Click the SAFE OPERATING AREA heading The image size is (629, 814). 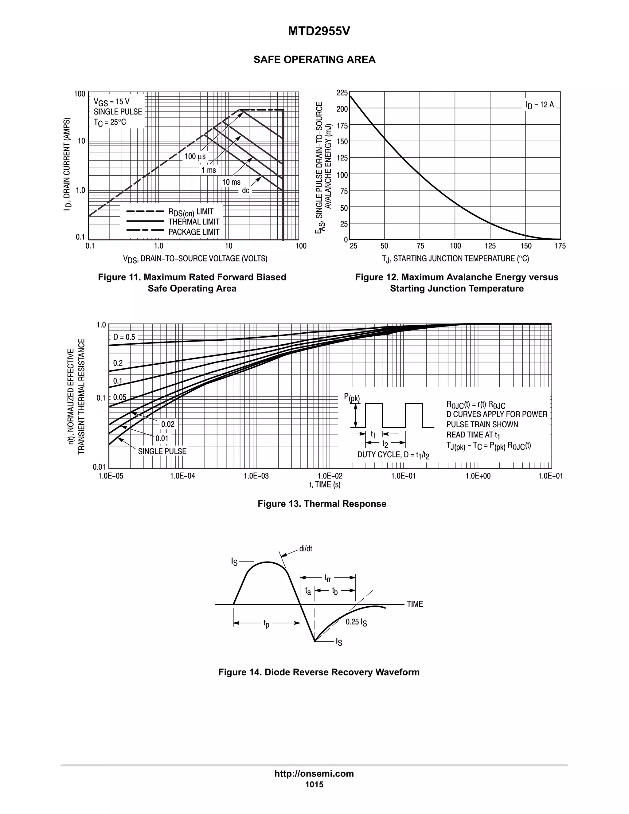click(x=314, y=60)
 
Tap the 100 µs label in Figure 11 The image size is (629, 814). click(x=195, y=157)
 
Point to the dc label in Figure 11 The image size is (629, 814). click(x=246, y=191)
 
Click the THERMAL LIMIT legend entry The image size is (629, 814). click(x=194, y=222)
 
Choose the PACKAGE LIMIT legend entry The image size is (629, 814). click(x=194, y=232)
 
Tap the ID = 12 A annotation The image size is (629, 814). click(x=540, y=105)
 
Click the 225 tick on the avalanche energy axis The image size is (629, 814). click(x=342, y=92)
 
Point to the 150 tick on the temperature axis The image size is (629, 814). click(x=526, y=246)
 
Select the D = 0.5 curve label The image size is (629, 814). click(x=124, y=337)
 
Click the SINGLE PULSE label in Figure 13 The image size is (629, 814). click(x=162, y=451)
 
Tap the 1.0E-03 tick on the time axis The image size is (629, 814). click(x=256, y=476)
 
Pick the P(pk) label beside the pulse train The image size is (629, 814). click(x=352, y=398)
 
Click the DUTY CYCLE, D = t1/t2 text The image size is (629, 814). click(x=393, y=455)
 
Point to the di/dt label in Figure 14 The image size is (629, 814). click(x=306, y=549)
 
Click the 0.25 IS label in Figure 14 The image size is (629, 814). click(x=356, y=622)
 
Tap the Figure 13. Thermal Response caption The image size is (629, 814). click(x=322, y=504)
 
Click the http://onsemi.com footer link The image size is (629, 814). click(x=314, y=774)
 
